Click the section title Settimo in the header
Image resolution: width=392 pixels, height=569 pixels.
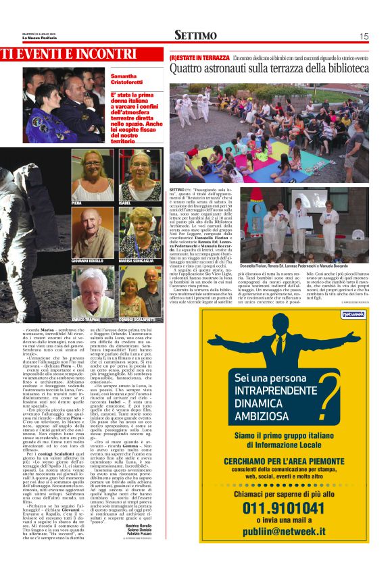pyautogui.click(x=195, y=36)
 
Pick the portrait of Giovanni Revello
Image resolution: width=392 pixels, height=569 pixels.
pyautogui.click(x=93, y=232)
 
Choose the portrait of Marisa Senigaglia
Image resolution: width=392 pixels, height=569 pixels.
pyautogui.click(x=140, y=232)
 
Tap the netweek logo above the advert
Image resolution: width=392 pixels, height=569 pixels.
pyautogui.click(x=353, y=314)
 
